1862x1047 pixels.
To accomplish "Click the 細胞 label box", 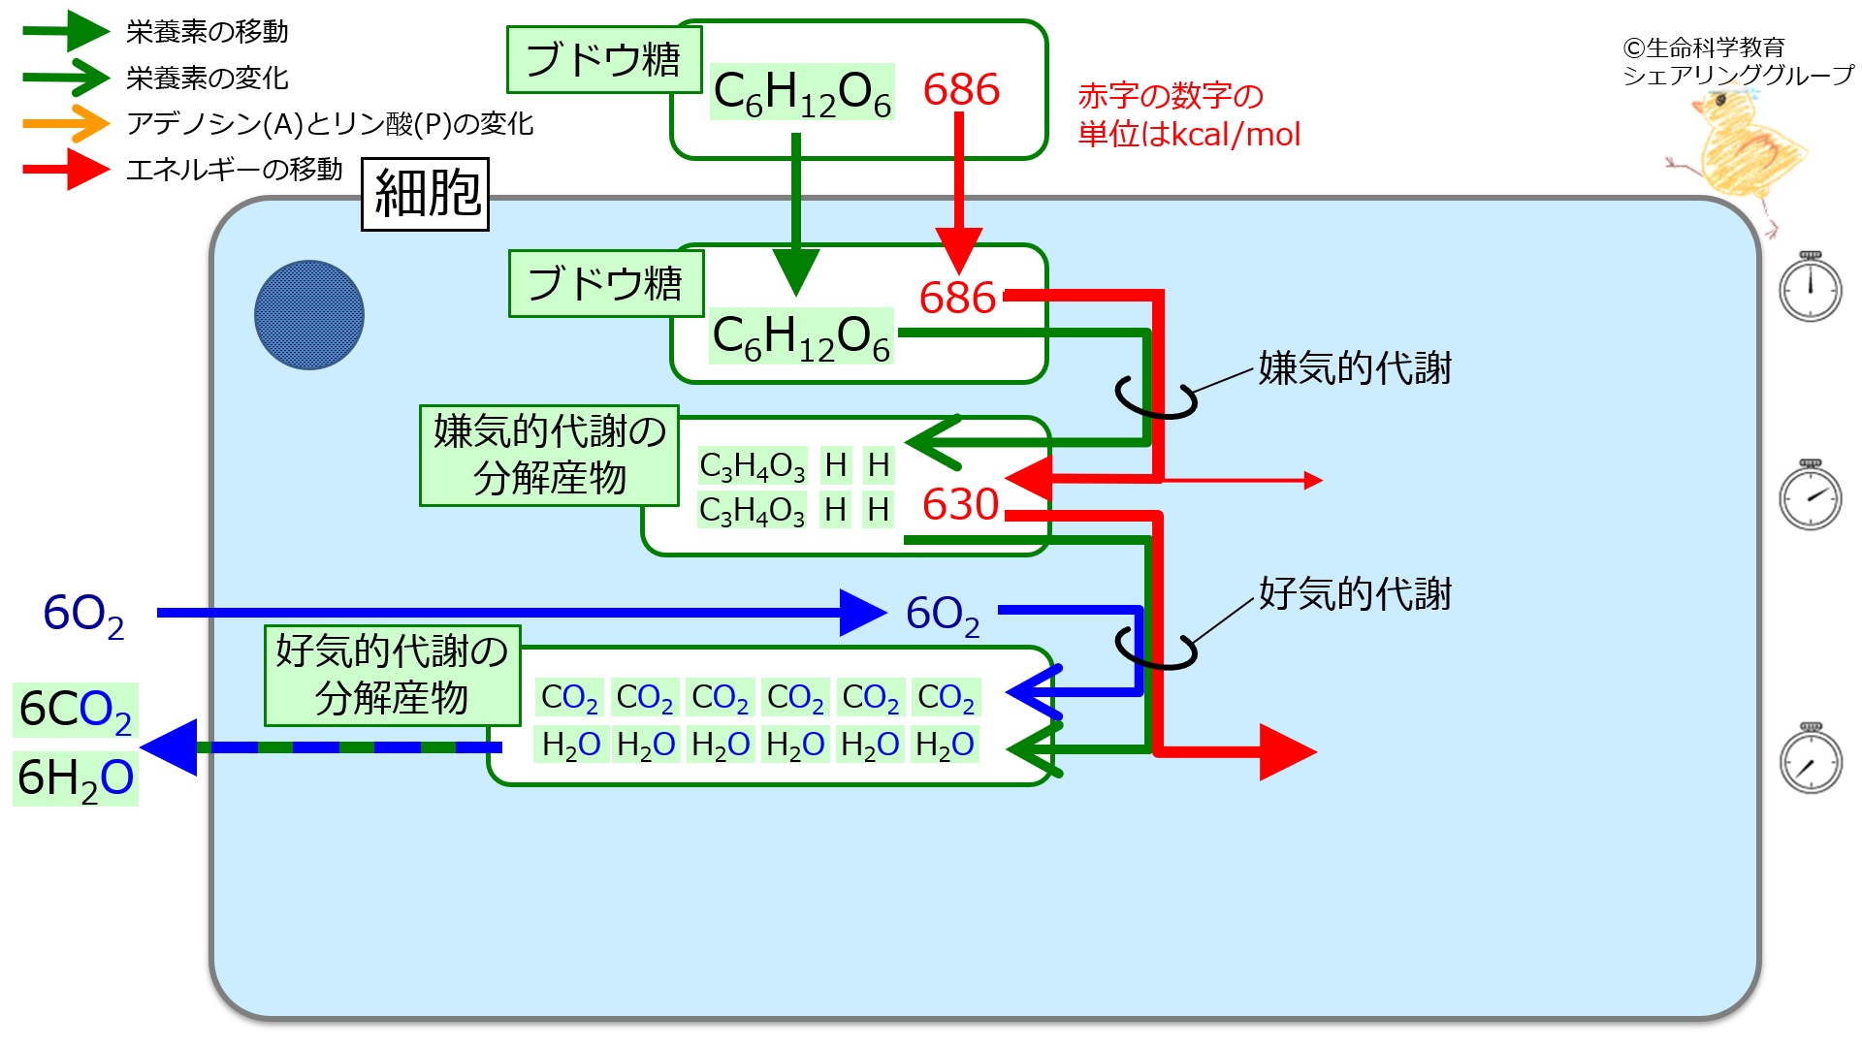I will (425, 194).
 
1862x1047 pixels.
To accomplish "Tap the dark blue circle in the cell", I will (308, 315).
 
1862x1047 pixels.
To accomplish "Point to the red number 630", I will (960, 504).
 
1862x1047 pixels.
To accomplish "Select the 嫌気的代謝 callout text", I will (1355, 368).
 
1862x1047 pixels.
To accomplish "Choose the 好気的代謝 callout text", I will (1355, 594).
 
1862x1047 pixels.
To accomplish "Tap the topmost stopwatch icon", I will (1810, 287).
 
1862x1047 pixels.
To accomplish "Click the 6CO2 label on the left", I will (75, 710).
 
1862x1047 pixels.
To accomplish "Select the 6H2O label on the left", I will (75, 777).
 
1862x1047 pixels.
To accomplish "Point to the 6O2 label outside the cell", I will (83, 615).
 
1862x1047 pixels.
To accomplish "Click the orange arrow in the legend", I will (66, 123).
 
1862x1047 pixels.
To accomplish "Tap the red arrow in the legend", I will (66, 170).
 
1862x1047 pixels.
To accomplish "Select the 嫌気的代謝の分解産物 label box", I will (549, 456).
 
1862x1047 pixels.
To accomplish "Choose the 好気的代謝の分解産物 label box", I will (392, 675).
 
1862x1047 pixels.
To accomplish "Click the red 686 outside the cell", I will (960, 90).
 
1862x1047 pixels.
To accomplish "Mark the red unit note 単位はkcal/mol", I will (1189, 134).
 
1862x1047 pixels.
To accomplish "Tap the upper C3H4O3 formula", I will (752, 466).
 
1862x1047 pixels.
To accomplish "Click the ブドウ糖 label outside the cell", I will (603, 60).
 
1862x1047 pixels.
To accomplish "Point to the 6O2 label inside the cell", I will (942, 615).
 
